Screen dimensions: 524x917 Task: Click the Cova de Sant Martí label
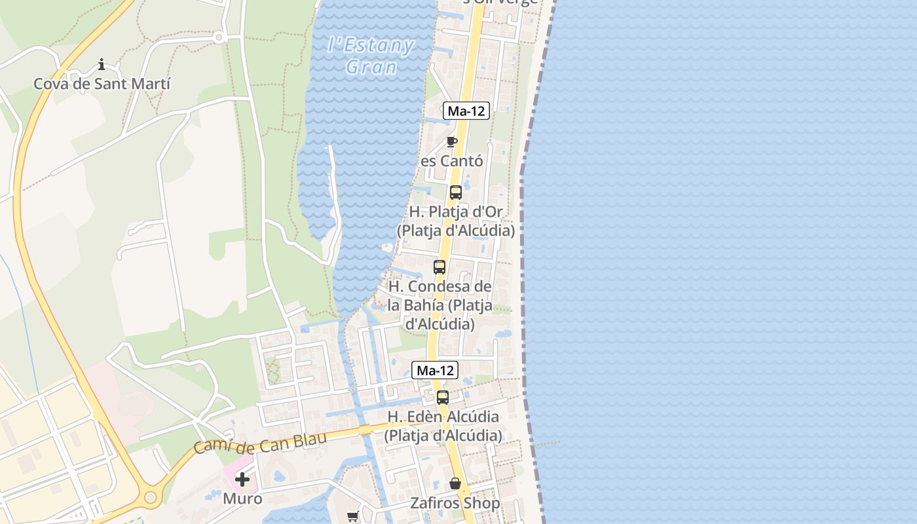click(102, 84)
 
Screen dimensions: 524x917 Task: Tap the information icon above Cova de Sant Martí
click(102, 64)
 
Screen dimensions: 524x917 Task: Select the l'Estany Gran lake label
click(371, 56)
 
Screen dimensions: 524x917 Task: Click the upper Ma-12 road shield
click(466, 111)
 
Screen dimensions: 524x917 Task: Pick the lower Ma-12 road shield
click(435, 370)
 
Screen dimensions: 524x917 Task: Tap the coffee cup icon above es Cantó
click(451, 141)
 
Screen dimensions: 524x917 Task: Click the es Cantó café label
click(452, 160)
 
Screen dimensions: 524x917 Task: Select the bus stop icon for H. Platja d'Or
click(456, 193)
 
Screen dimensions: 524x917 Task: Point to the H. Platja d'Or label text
click(456, 221)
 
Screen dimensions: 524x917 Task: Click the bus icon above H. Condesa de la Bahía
click(440, 267)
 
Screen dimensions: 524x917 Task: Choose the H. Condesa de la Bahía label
click(440, 305)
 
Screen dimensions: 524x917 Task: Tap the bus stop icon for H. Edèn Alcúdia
click(443, 398)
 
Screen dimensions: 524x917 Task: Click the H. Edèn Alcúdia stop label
click(443, 426)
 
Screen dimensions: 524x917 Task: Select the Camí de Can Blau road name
click(260, 443)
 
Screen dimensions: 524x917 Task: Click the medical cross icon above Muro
click(242, 479)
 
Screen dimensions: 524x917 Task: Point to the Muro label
click(242, 498)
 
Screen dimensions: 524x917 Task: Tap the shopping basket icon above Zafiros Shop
click(455, 484)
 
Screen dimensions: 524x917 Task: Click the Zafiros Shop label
click(455, 503)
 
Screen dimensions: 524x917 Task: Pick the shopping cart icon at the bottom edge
click(353, 516)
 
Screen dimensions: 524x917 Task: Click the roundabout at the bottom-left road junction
click(151, 498)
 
